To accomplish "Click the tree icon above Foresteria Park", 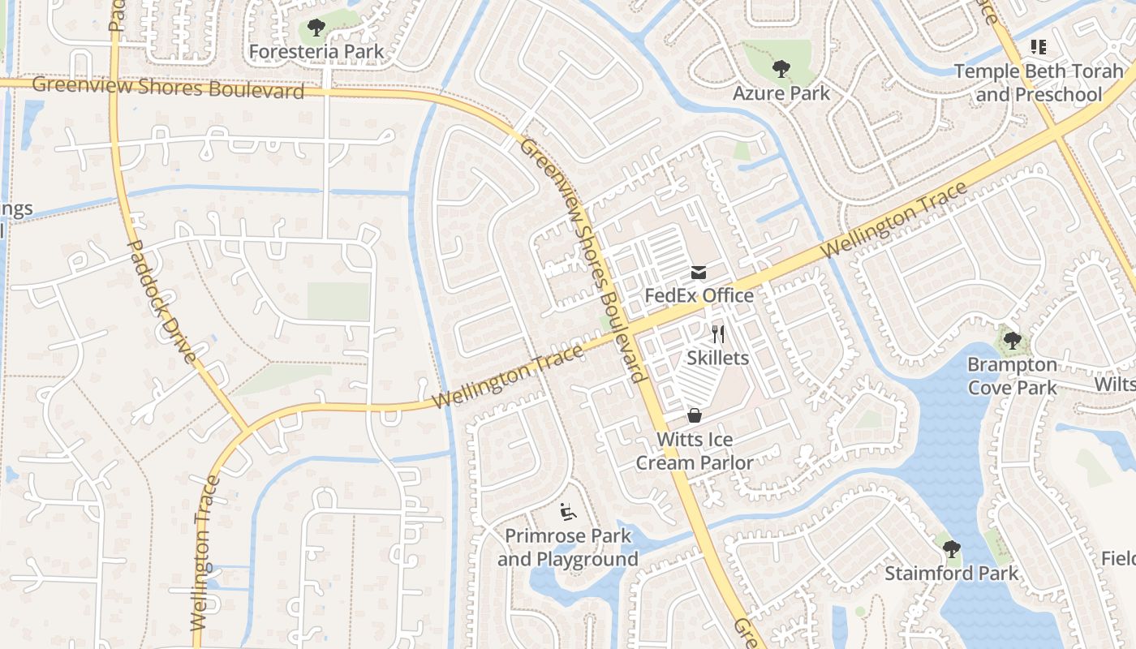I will coord(316,28).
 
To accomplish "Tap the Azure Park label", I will coord(781,92).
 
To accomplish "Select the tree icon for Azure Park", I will coord(781,69).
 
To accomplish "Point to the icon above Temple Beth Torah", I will coord(1038,47).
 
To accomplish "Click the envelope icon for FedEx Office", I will coord(699,272).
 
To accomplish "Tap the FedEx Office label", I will coord(699,295).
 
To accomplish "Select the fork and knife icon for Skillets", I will coord(717,333).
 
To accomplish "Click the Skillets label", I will coord(717,357).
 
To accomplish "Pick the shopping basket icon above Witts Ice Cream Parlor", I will coord(695,415).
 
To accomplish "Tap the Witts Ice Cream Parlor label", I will coord(695,451).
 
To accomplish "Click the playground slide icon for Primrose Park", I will coord(567,512).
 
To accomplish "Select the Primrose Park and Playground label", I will coord(568,548).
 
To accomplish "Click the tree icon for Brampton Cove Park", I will coord(1011,341).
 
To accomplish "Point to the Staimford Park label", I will coord(951,574).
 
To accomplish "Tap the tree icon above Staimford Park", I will coord(951,549).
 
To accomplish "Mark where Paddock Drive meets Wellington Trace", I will coord(247,427).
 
